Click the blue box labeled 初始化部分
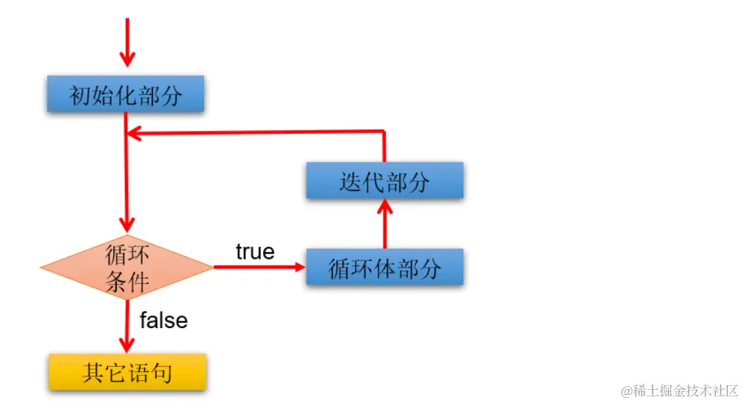click(125, 94)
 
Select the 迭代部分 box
click(384, 181)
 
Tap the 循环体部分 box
click(384, 268)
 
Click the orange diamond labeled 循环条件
click(127, 268)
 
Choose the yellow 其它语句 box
click(127, 372)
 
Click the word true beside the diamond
click(255, 252)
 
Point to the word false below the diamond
click(163, 321)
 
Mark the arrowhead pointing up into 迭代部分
click(384, 207)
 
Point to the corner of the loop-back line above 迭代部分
click(384, 132)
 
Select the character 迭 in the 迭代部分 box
click(351, 182)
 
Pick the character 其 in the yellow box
click(93, 373)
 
